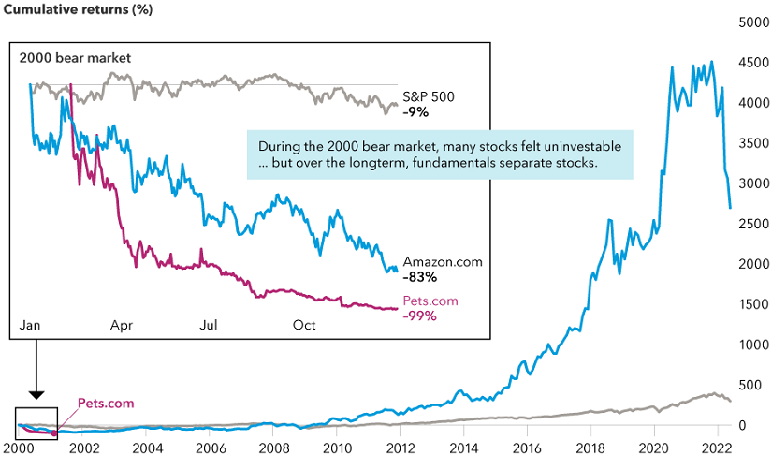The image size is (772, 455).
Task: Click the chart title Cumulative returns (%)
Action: click(x=70, y=13)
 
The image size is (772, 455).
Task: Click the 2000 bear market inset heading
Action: click(x=76, y=58)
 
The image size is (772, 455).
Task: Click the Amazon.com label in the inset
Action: click(x=443, y=262)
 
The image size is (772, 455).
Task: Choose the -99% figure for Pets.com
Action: click(x=419, y=316)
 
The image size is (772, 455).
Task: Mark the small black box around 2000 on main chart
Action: click(x=37, y=423)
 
